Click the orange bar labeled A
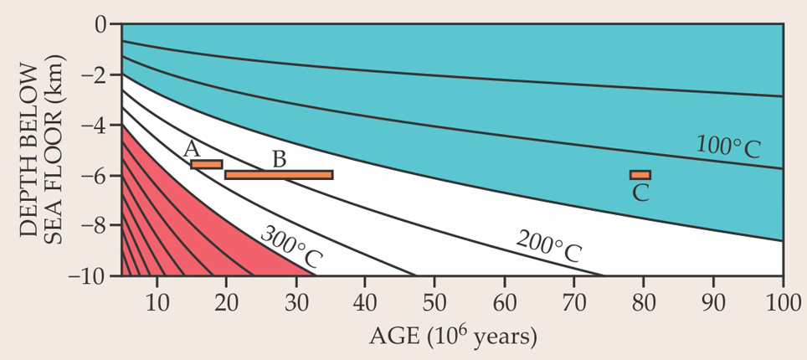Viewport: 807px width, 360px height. tap(206, 164)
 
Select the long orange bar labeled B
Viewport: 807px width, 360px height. tap(279, 175)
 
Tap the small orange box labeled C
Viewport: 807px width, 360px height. tap(640, 175)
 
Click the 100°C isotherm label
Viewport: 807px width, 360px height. tap(727, 147)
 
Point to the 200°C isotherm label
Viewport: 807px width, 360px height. tap(548, 245)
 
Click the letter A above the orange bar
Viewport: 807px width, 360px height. tap(192, 149)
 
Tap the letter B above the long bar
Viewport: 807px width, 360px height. tap(279, 159)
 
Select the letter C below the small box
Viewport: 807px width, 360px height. tap(640, 193)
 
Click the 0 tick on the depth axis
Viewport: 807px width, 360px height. tap(100, 25)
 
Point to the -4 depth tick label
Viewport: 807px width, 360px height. tap(95, 126)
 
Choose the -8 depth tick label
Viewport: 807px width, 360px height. tap(95, 225)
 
